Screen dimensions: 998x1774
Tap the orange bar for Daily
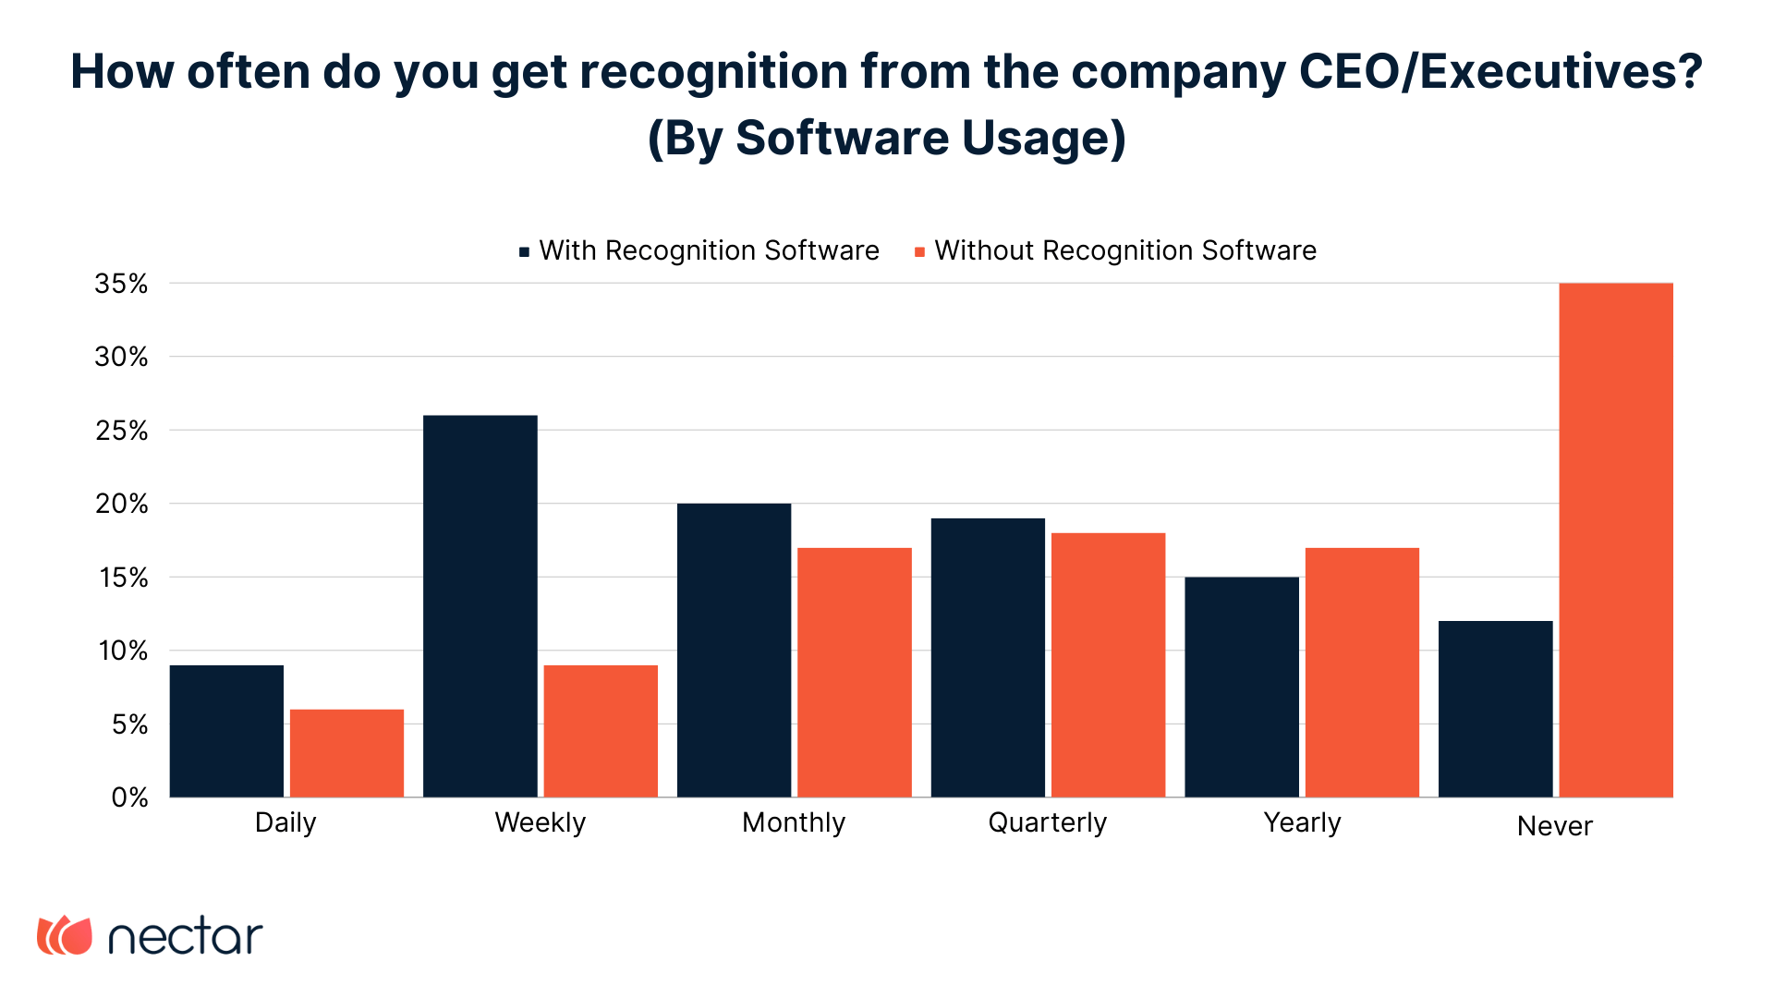point(346,753)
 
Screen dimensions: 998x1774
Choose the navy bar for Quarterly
point(988,657)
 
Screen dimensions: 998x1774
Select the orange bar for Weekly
point(601,731)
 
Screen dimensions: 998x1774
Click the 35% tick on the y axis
point(121,284)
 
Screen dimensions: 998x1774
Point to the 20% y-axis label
point(121,504)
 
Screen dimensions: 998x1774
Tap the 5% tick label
point(129,724)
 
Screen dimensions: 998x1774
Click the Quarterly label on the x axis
point(1047,822)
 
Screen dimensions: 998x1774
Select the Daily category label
point(286,822)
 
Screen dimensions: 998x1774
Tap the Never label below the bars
point(1554,826)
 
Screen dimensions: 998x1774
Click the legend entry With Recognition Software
point(709,250)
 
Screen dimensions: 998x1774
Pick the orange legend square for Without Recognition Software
point(919,252)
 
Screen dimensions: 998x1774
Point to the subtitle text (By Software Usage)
point(886,138)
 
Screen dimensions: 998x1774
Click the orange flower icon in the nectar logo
point(65,935)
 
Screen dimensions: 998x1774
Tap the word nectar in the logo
point(186,937)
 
